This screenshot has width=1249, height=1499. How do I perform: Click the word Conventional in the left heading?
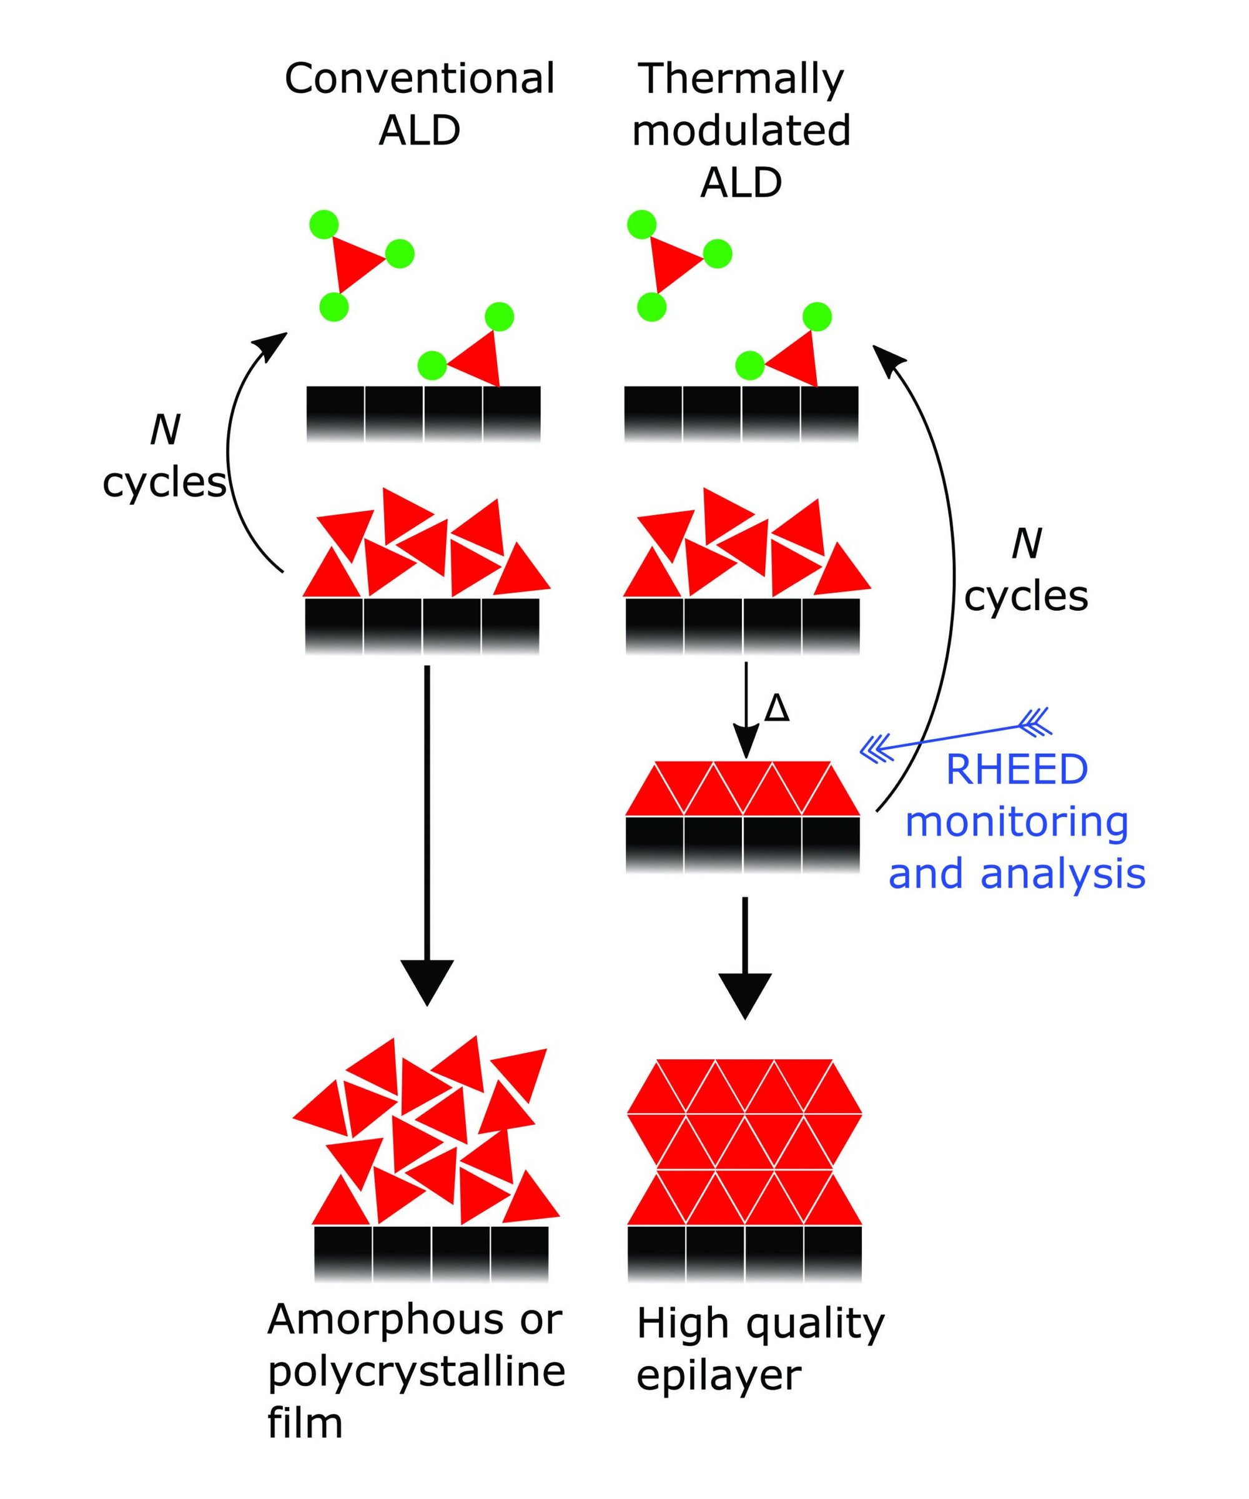click(x=419, y=79)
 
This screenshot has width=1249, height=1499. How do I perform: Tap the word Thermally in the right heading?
click(x=740, y=80)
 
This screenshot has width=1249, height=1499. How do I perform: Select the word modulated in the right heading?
click(x=741, y=131)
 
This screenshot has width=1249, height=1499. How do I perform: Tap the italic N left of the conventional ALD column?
click(x=165, y=430)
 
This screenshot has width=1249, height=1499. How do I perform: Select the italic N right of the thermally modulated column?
click(x=1026, y=544)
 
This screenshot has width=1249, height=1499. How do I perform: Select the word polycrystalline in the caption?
click(x=416, y=1372)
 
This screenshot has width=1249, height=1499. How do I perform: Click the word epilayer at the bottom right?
click(x=719, y=1375)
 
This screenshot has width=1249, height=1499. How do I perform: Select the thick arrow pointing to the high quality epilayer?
click(x=744, y=956)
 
